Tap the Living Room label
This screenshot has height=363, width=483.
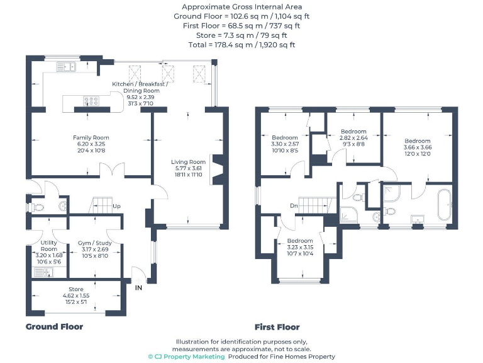[189, 162]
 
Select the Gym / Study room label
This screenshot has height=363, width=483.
[94, 242]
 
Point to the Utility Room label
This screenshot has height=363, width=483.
[49, 246]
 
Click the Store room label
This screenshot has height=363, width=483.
[76, 289]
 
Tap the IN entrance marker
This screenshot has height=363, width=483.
[139, 288]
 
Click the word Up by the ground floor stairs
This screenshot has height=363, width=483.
[116, 206]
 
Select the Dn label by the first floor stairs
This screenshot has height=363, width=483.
[294, 205]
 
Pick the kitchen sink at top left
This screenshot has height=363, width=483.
[65, 66]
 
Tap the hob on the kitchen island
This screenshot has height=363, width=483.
[88, 99]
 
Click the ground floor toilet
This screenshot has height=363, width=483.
[38, 206]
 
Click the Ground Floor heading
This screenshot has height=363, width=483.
[54, 326]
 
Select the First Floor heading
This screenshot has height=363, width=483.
[277, 327]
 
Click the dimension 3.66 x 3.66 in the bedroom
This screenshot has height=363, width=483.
[418, 147]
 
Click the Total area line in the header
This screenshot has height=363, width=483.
[241, 45]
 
